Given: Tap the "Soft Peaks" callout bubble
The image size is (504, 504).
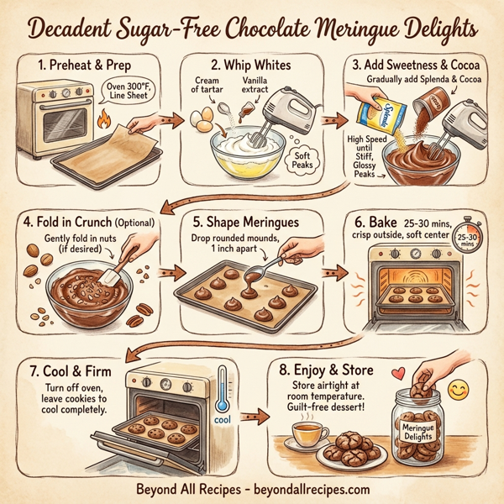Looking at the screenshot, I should pyautogui.click(x=300, y=160).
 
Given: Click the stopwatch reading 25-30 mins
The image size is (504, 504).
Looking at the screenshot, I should pyautogui.click(x=468, y=243).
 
